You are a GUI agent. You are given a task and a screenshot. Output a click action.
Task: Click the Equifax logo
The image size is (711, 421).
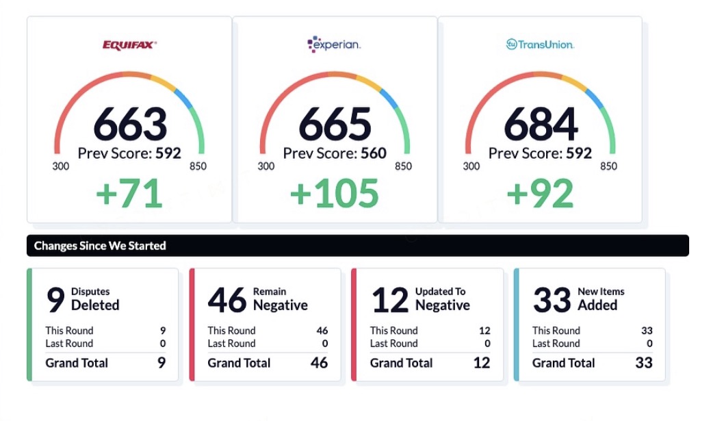coord(129,45)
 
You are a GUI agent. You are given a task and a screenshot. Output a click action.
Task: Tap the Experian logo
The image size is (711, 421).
coord(334,45)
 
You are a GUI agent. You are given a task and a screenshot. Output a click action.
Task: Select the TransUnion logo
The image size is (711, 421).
coord(540,44)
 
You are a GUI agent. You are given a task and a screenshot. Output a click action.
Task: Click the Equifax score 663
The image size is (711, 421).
coord(130,124)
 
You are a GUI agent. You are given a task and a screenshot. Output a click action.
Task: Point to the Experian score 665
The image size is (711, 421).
coord(335,124)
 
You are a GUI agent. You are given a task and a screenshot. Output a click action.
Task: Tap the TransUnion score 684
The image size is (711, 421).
coord(541,124)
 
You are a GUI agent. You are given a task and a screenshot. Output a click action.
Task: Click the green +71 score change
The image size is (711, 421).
coord(129,194)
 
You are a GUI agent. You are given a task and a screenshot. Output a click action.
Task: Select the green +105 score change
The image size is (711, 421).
coord(335,194)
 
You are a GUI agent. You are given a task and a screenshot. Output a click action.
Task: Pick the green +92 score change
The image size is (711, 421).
coord(540,194)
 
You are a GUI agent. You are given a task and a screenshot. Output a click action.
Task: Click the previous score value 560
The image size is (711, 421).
coord(374,153)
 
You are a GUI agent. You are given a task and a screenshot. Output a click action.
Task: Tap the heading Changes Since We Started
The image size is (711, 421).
coord(100,246)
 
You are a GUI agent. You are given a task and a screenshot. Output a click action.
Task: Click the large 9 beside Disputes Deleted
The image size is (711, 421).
coord(55,299)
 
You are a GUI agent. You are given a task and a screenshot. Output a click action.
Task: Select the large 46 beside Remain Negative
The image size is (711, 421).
coord(227,299)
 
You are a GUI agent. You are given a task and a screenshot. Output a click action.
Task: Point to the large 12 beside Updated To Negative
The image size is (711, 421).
coord(389,299)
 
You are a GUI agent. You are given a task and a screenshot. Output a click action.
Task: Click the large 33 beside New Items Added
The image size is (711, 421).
coord(552,299)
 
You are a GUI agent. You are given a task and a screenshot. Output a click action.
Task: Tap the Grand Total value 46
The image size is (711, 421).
coord(319,363)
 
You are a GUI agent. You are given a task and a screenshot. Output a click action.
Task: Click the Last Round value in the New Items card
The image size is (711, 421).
coord(649,344)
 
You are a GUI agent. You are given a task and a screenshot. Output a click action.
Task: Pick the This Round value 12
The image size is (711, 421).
coord(484,331)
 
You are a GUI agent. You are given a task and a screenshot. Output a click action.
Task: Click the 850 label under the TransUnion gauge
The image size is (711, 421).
coord(608,166)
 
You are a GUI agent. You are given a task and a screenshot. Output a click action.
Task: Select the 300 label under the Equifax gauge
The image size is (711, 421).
coord(61,166)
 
